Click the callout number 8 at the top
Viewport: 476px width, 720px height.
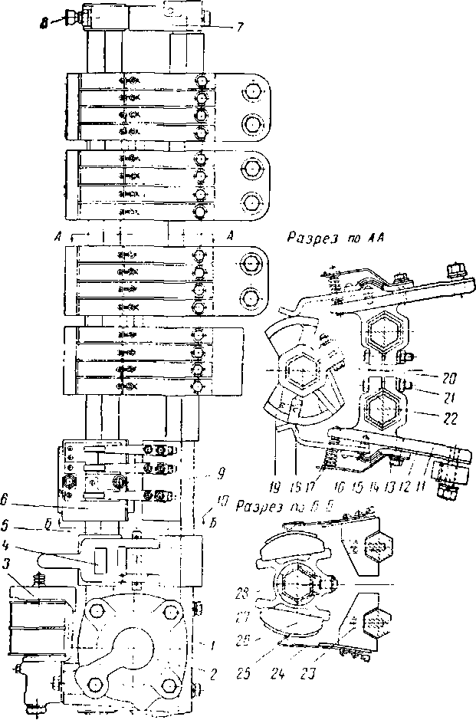click(46, 24)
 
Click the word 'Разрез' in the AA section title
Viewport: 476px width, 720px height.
click(308, 238)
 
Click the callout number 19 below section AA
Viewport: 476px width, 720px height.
click(274, 485)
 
